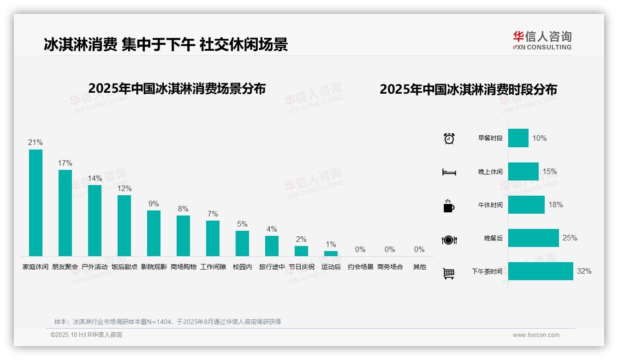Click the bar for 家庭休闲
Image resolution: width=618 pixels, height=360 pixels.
pyautogui.click(x=36, y=203)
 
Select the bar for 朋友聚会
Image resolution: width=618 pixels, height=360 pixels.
pyautogui.click(x=65, y=213)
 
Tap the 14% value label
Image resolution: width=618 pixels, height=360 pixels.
pyautogui.click(x=95, y=179)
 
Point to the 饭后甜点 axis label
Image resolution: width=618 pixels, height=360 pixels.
pyautogui.click(x=125, y=267)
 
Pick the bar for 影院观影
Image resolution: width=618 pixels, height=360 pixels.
pyautogui.click(x=154, y=233)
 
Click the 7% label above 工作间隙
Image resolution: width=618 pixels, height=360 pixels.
pyautogui.click(x=213, y=214)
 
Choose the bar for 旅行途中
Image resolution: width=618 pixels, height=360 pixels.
pyautogui.click(x=272, y=246)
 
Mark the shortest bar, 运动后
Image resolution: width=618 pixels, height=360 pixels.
pyautogui.click(x=331, y=253)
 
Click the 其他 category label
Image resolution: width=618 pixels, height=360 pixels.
pyautogui.click(x=419, y=267)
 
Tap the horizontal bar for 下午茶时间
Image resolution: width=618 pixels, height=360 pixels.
pyautogui.click(x=541, y=271)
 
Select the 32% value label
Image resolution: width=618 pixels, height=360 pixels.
pyautogui.click(x=584, y=271)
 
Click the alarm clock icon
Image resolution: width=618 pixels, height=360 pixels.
pyautogui.click(x=449, y=138)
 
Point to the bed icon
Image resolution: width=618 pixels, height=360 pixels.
pyautogui.click(x=449, y=172)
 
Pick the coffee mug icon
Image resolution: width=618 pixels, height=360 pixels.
pyautogui.click(x=449, y=206)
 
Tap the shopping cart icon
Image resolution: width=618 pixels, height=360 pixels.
pyautogui.click(x=449, y=274)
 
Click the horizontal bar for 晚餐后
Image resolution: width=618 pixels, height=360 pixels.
pyautogui.click(x=533, y=238)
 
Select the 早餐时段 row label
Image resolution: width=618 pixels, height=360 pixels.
pyautogui.click(x=490, y=138)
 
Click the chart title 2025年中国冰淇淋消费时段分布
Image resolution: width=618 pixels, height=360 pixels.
pyautogui.click(x=468, y=90)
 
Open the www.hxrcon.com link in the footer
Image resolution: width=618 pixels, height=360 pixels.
pyautogui.click(x=536, y=335)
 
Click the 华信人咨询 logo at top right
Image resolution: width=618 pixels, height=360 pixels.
pyautogui.click(x=542, y=40)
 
